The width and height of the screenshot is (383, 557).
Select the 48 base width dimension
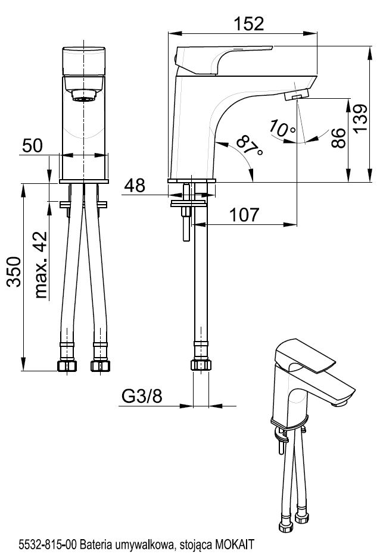click(135, 186)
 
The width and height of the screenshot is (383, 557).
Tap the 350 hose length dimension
click(14, 272)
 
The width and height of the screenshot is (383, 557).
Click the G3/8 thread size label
click(141, 396)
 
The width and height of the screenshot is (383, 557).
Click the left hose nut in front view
click(66, 366)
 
